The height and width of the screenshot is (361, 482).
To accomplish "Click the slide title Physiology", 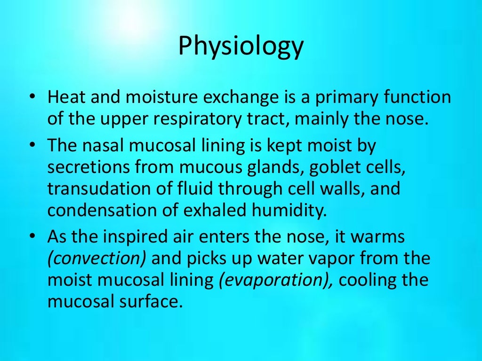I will click(x=241, y=47).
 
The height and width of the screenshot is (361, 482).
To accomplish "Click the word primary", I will click(x=342, y=98).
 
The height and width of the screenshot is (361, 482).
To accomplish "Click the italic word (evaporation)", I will click(x=276, y=281).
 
